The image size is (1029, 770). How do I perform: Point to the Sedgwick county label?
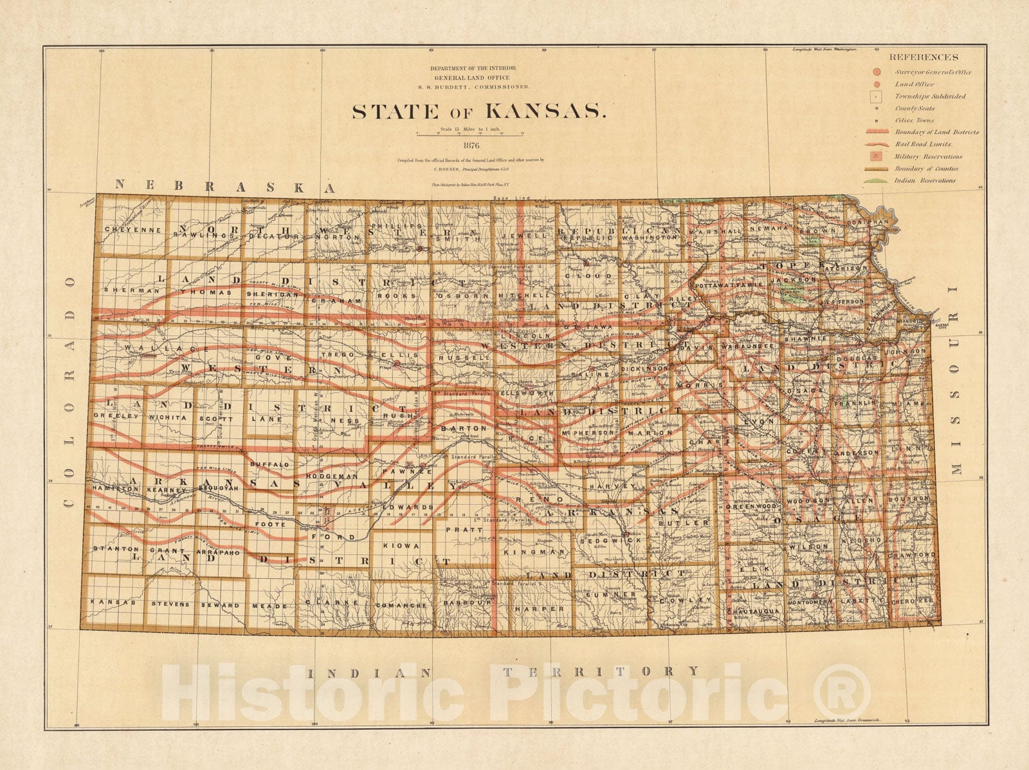click(601, 541)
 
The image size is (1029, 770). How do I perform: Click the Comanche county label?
click(401, 606)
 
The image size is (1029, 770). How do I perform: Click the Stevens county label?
click(170, 604)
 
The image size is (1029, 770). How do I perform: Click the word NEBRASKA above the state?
click(225, 185)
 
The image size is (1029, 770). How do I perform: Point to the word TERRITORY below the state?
click(600, 671)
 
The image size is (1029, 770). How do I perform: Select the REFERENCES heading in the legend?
click(924, 57)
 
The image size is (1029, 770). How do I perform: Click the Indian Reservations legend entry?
click(924, 180)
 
